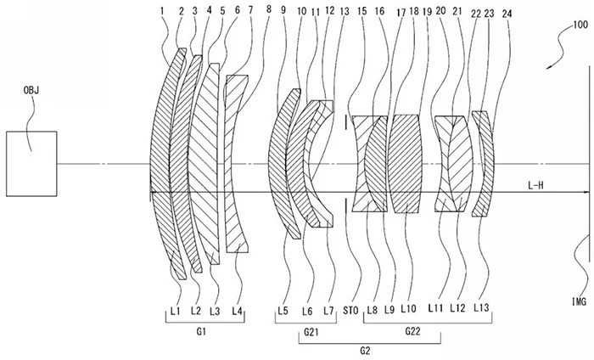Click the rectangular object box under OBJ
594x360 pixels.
31,161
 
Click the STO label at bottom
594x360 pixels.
349,311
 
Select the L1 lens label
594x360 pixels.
175,311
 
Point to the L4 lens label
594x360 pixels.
238,311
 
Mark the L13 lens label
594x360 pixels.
481,311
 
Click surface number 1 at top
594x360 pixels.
161,12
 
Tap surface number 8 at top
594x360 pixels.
269,12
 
